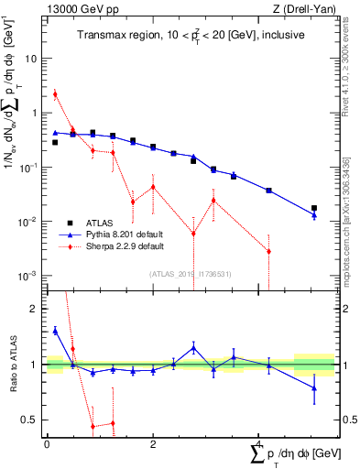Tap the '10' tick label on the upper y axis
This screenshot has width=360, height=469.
31,58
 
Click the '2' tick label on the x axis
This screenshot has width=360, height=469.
153,444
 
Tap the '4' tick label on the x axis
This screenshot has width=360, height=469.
259,444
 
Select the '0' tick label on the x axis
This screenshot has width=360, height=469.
47,444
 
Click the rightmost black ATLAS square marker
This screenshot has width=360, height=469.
314,208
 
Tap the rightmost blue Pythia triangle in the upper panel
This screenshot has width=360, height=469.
314,215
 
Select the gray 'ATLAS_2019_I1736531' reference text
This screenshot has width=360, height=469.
189,274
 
